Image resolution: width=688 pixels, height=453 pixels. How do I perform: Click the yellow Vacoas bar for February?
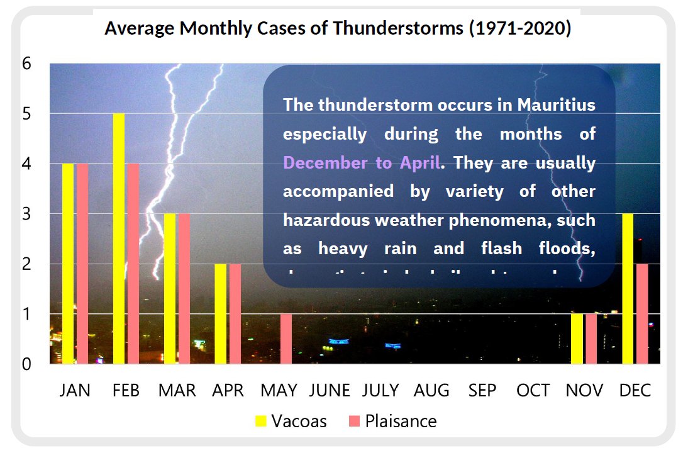point(119,238)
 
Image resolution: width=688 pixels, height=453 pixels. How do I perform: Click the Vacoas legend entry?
point(291,421)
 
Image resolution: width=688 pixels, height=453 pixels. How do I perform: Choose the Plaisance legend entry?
point(392,421)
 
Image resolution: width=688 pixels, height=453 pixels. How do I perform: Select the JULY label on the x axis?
point(380,391)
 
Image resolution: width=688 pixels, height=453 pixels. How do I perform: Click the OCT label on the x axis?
point(533,391)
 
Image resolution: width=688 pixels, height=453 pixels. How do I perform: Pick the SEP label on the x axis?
point(482,391)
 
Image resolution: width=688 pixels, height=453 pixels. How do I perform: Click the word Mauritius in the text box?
point(557,104)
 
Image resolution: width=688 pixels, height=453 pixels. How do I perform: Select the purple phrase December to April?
point(361,163)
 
